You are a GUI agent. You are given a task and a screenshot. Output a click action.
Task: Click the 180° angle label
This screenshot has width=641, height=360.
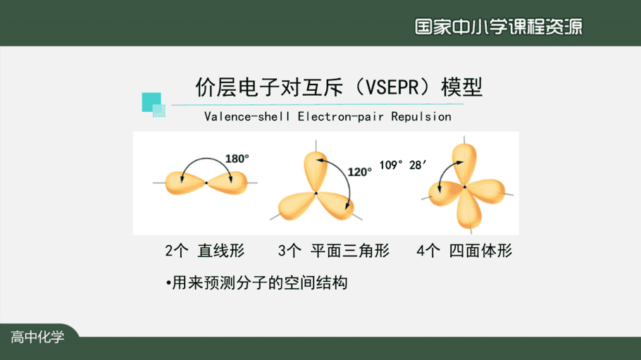pyautogui.click(x=237, y=159)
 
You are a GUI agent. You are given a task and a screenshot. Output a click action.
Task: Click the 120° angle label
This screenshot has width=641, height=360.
pyautogui.click(x=360, y=172)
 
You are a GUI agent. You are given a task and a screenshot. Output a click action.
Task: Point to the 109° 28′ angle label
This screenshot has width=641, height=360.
pyautogui.click(x=403, y=165)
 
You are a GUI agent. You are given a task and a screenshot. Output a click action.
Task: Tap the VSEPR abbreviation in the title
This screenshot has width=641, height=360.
pyautogui.click(x=392, y=87)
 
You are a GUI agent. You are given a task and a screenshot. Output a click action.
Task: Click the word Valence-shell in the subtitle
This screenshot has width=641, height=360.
pyautogui.click(x=247, y=116)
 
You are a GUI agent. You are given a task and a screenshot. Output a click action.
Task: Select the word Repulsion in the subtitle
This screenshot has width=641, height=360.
pyautogui.click(x=421, y=116)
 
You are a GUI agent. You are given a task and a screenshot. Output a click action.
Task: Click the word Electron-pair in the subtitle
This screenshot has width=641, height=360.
pyautogui.click(x=340, y=116)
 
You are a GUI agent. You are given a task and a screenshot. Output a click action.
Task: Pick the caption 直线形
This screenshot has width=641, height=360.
pyautogui.click(x=221, y=250)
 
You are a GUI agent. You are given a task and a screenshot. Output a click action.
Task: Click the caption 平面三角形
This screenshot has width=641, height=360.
pyautogui.click(x=350, y=250)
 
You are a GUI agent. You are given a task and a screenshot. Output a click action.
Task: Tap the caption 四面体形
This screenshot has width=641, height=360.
pyautogui.click(x=480, y=250)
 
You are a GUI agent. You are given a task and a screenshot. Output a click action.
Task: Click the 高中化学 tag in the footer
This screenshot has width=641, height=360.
pyautogui.click(x=37, y=337)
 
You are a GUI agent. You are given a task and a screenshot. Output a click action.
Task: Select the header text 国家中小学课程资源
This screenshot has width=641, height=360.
pyautogui.click(x=498, y=27)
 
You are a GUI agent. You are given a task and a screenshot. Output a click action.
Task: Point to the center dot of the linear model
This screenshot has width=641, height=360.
pyautogui.click(x=206, y=183)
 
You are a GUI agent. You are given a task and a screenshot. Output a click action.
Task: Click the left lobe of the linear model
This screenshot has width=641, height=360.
pyautogui.click(x=185, y=182)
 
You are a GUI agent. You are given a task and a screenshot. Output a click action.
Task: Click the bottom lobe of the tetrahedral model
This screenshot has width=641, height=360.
pyautogui.click(x=468, y=209)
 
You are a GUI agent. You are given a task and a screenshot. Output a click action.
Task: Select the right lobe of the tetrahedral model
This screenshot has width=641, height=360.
pyautogui.click(x=487, y=191)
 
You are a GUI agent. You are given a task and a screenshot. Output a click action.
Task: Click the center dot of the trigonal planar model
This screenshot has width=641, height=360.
pyautogui.click(x=316, y=193)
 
